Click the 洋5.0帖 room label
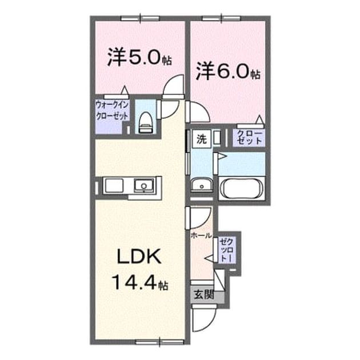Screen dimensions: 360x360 pyautogui.click(x=139, y=57)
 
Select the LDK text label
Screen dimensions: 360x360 pyautogui.click(x=139, y=257)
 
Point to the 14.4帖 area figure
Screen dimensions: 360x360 pyautogui.click(x=140, y=282)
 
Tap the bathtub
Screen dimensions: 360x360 pyautogui.click(x=241, y=189)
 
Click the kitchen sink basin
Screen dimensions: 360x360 pyautogui.click(x=144, y=185)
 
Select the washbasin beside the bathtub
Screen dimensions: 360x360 pyautogui.click(x=202, y=185)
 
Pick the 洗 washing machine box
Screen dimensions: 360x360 pyautogui.click(x=202, y=139)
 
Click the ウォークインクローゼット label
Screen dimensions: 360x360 pyautogui.click(x=112, y=111)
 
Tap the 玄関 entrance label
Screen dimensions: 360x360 pyautogui.click(x=204, y=294)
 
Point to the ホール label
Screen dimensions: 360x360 pyautogui.click(x=201, y=235)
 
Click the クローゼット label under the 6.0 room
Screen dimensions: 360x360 pyautogui.click(x=249, y=137)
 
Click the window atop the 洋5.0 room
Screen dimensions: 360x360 pyautogui.click(x=140, y=18)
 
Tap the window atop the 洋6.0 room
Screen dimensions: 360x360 pyautogui.click(x=221, y=18)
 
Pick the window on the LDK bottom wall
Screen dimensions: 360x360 pyautogui.click(x=159, y=342)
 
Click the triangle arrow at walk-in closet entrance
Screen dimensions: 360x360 pyautogui.click(x=125, y=90)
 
